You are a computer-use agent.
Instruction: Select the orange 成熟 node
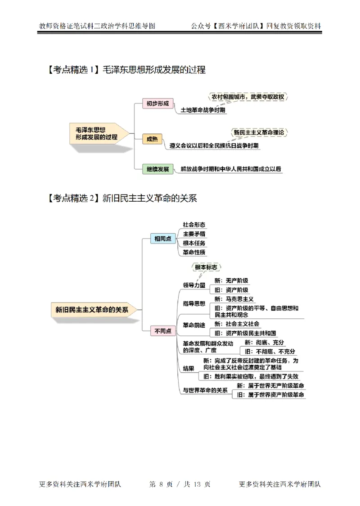tap(152, 139)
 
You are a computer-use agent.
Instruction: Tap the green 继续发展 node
tap(157, 169)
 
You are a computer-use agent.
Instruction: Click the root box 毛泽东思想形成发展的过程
tap(96, 133)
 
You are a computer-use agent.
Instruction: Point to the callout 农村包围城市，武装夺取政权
tap(249, 97)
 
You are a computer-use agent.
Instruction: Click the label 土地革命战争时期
tap(203, 110)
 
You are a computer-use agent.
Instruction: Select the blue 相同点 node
tap(162, 239)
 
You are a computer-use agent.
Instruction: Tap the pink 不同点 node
tap(162, 331)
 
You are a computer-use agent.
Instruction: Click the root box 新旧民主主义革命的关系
tap(92, 309)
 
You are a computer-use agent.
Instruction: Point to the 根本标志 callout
tap(206, 267)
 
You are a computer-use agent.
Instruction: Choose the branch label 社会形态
tap(194, 224)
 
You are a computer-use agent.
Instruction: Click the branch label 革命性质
tap(194, 252)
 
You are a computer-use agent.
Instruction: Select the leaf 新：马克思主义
tap(234, 299)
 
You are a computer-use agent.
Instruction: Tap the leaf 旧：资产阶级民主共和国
tap(245, 333)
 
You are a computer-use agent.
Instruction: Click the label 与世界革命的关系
tap(205, 390)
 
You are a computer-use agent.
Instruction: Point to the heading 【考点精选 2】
tap(72, 198)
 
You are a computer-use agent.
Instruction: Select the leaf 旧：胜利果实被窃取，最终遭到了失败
tap(250, 376)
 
